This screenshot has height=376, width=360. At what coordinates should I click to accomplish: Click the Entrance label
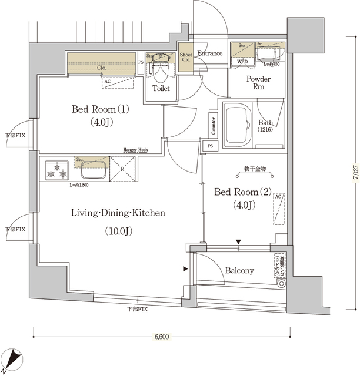210,53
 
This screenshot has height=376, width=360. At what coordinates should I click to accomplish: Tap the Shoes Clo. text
186,57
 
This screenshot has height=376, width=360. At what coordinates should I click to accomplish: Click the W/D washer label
242,61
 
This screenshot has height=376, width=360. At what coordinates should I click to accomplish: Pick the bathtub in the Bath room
238,125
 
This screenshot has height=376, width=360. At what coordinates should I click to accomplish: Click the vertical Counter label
212,125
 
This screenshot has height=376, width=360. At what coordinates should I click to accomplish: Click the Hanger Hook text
135,150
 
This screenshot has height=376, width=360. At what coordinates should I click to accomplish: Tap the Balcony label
239,270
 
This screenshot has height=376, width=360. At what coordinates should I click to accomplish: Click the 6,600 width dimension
162,337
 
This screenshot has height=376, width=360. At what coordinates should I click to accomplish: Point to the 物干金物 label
255,169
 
